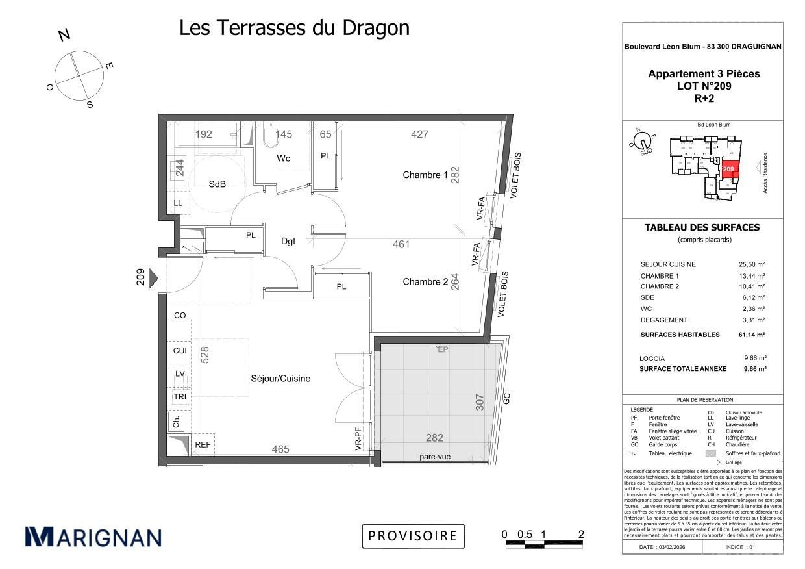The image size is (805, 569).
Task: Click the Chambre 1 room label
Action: (x=425, y=175)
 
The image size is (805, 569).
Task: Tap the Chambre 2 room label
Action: (x=425, y=281)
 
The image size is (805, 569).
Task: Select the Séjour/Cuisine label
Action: (x=280, y=379)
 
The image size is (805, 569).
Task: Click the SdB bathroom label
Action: (x=217, y=184)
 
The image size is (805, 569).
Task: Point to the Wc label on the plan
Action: (x=283, y=158)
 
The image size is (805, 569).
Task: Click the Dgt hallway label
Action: (x=288, y=241)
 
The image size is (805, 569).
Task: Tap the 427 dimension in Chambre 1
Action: (x=419, y=134)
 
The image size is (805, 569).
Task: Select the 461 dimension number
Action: (x=402, y=245)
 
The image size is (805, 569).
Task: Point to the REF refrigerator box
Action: (x=203, y=445)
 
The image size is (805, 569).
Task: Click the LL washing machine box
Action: (x=178, y=203)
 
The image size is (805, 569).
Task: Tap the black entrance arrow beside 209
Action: (x=154, y=279)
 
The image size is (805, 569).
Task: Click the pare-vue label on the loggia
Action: (x=435, y=457)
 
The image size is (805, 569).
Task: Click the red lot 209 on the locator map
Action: (x=730, y=169)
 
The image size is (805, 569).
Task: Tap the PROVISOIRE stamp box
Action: (x=413, y=536)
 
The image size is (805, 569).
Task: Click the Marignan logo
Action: (x=93, y=537)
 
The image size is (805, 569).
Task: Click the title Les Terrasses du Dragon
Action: (x=294, y=28)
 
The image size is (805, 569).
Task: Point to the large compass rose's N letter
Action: (x=64, y=35)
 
